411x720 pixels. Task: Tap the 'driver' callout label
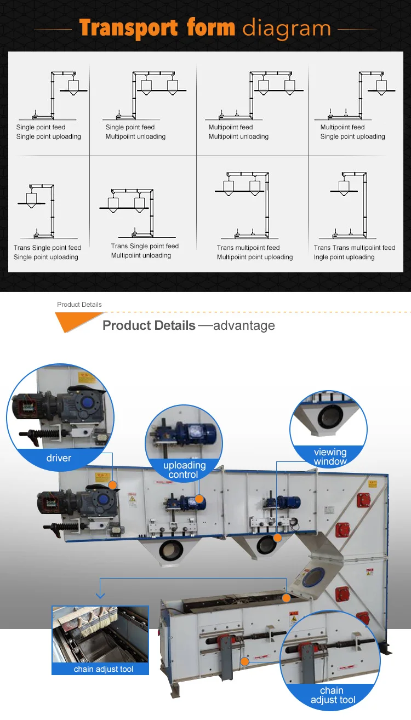[x=59, y=458]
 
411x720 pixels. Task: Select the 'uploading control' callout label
[x=184, y=470]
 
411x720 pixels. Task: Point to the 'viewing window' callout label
[x=330, y=456]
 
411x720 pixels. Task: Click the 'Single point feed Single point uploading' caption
[x=48, y=132]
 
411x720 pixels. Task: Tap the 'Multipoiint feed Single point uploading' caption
[x=352, y=132]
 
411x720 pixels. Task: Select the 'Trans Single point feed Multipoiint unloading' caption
[x=145, y=251]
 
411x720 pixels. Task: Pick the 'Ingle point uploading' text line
[x=344, y=257]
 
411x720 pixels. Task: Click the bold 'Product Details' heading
[x=149, y=325]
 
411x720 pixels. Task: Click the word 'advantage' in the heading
[x=244, y=325]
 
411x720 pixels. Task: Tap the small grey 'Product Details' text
[x=79, y=305]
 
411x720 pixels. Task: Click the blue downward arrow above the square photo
[x=100, y=593]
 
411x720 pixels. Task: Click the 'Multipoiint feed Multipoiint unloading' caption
[x=238, y=132]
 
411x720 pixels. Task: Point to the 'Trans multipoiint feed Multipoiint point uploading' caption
[x=254, y=253]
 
